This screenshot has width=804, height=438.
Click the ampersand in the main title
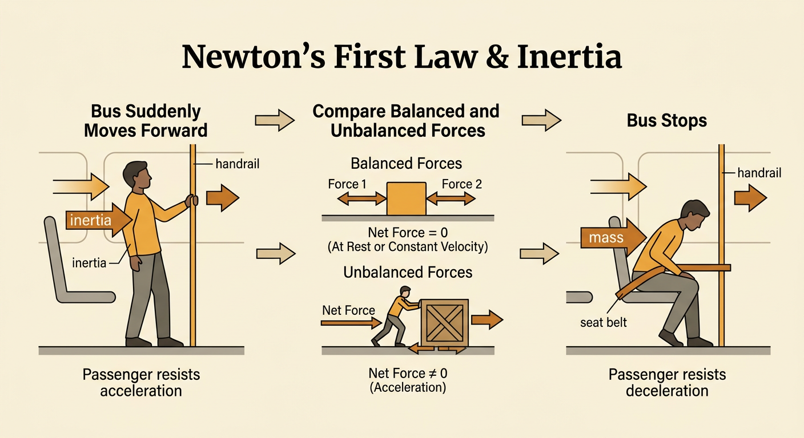click(497, 57)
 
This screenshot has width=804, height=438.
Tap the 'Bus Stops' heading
click(666, 120)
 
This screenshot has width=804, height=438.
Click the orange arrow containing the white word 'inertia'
click(99, 220)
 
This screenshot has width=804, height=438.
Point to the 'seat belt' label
click(604, 322)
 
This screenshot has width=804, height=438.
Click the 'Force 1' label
click(347, 184)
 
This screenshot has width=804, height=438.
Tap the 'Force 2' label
click(461, 184)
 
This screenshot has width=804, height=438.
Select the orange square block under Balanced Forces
click(407, 198)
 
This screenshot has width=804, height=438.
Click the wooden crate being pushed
click(445, 323)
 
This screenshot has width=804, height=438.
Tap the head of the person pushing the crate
click(405, 291)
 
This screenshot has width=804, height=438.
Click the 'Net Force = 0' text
click(408, 233)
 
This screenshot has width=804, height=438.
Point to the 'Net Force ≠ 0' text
click(408, 374)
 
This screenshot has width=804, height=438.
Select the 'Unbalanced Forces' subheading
click(408, 273)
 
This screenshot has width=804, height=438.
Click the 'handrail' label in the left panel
click(237, 164)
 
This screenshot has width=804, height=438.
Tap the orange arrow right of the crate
click(487, 319)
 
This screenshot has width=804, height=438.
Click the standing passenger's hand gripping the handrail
click(191, 200)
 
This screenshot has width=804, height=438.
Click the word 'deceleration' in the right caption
click(668, 391)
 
